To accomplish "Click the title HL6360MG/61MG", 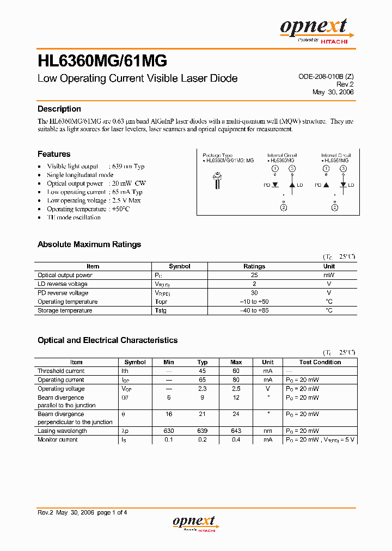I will click(102, 60).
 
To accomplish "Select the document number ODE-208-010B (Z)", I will click(326, 77).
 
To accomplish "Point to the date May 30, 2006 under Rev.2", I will click(333, 92).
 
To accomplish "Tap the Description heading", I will click(59, 109).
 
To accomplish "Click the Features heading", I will click(54, 154).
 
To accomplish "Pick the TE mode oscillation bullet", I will click(73, 217).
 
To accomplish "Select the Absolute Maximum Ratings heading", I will click(89, 244).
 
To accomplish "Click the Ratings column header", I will click(254, 266).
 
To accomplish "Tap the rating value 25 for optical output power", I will click(254, 275).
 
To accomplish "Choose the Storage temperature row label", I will click(65, 310).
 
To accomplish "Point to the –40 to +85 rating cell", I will click(254, 310).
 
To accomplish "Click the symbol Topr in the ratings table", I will click(161, 302).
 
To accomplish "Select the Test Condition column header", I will click(320, 362).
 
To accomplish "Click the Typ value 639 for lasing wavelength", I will click(203, 431).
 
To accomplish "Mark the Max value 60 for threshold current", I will click(236, 371).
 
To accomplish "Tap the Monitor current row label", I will click(58, 439).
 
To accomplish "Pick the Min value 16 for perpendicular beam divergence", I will click(169, 414).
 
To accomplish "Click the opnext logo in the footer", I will click(194, 523).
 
